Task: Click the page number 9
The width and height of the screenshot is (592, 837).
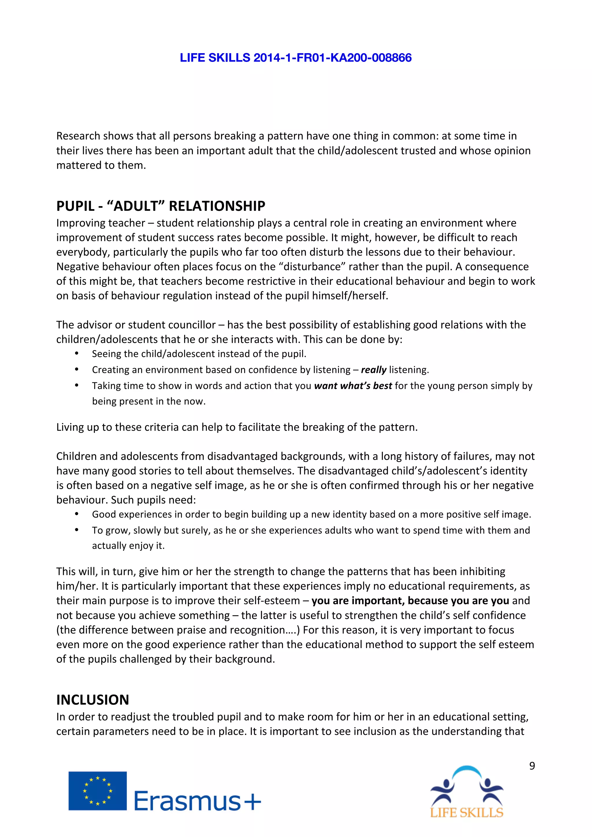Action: [532, 766]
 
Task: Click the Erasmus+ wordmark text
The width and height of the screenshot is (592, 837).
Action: [197, 801]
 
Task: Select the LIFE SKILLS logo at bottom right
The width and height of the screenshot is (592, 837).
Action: [467, 791]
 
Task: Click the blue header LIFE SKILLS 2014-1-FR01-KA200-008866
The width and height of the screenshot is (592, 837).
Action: [295, 57]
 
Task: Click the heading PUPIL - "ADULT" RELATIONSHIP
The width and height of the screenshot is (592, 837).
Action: [160, 206]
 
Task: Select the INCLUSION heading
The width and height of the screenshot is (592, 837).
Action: [93, 700]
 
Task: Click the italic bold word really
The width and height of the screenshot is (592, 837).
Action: [373, 370]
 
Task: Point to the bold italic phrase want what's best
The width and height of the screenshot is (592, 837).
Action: [353, 386]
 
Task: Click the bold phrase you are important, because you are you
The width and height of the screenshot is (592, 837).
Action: [410, 600]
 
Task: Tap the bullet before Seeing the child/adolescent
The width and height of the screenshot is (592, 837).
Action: [77, 353]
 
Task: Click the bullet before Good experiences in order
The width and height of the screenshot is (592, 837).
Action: [77, 514]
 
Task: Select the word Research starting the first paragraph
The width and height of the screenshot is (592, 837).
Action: [78, 136]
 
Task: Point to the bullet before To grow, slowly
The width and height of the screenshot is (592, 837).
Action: [77, 530]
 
